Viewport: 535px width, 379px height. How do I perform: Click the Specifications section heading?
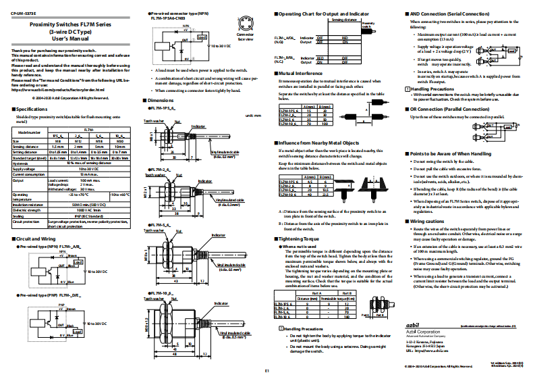[x=31, y=108]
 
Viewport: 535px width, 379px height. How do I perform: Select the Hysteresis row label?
[x=22, y=162]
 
